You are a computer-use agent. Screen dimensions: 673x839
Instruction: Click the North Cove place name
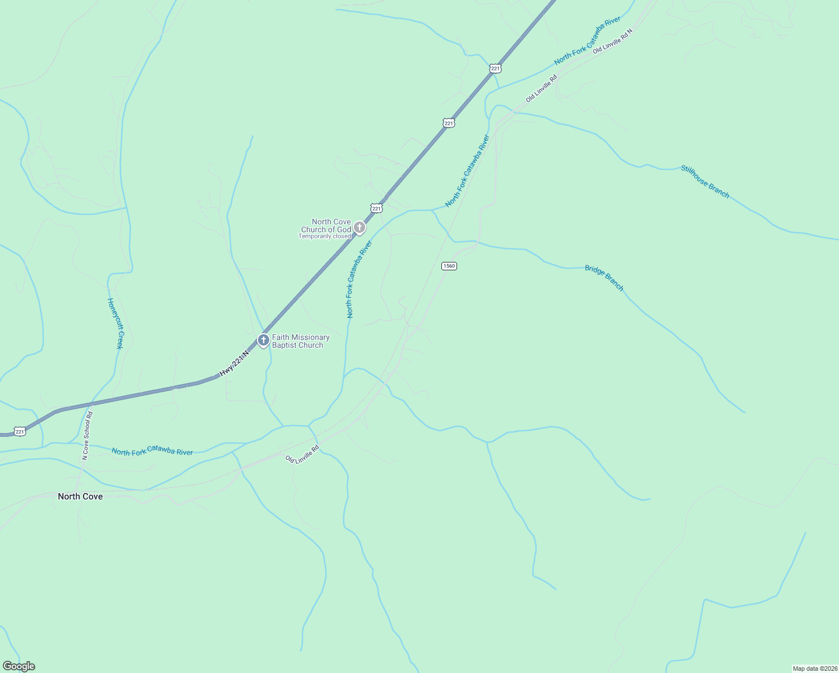(80, 496)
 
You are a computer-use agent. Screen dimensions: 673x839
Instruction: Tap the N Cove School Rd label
(87, 436)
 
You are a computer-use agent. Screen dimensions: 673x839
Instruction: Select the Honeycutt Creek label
(115, 323)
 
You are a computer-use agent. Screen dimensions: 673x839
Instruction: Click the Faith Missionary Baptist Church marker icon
(263, 340)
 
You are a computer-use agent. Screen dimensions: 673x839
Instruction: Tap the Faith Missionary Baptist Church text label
(301, 341)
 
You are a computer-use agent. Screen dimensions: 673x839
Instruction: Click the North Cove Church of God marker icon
(359, 228)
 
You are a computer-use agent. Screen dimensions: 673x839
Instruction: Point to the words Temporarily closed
(325, 237)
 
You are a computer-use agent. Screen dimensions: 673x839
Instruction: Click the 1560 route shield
(449, 266)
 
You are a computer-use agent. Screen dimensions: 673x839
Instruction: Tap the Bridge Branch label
(604, 278)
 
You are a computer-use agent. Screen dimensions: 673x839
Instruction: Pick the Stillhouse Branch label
(705, 181)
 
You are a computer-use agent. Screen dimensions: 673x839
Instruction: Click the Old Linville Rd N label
(612, 41)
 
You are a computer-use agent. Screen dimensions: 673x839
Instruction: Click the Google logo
(19, 666)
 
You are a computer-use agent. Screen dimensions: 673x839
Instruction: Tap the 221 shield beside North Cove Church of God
(376, 208)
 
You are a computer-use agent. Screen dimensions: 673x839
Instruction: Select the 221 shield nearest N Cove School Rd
(20, 431)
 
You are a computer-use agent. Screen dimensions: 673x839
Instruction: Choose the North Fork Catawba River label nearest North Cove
(152, 451)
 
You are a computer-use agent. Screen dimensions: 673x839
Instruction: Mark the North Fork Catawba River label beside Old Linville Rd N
(587, 40)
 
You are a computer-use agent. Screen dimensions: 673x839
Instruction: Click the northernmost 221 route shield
(495, 68)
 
